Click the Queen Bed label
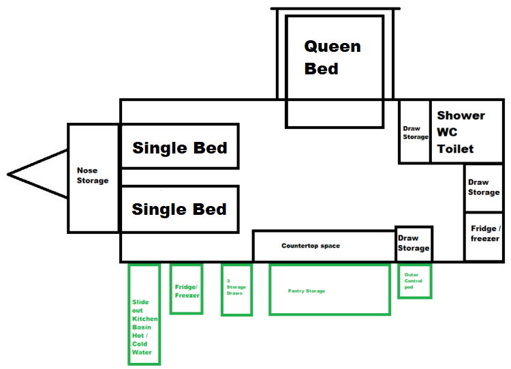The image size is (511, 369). coord(332,57)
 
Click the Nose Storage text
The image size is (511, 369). coord(93,175)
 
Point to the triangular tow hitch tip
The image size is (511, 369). coord(7,175)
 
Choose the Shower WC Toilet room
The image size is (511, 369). coord(467,131)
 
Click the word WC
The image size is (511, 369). coord(447,132)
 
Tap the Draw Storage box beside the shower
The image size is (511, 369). coord(414,131)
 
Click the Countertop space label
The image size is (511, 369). coord(311,246)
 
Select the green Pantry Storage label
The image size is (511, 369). coord(307,291)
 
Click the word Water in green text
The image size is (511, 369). coord(142,353)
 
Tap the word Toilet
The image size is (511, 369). coord(455,149)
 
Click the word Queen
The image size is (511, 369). coord(332,46)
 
